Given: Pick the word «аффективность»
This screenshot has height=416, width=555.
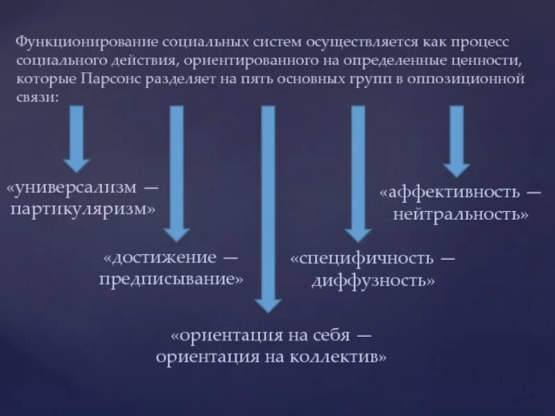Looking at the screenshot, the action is [452, 193].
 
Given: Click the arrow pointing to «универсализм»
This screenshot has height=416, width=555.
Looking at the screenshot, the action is [76, 139].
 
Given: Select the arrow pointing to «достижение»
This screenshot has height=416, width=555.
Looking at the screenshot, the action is [177, 173].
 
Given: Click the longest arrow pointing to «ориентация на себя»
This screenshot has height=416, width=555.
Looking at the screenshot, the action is [268, 208].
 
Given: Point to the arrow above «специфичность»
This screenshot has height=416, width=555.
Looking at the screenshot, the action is [358, 173].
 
